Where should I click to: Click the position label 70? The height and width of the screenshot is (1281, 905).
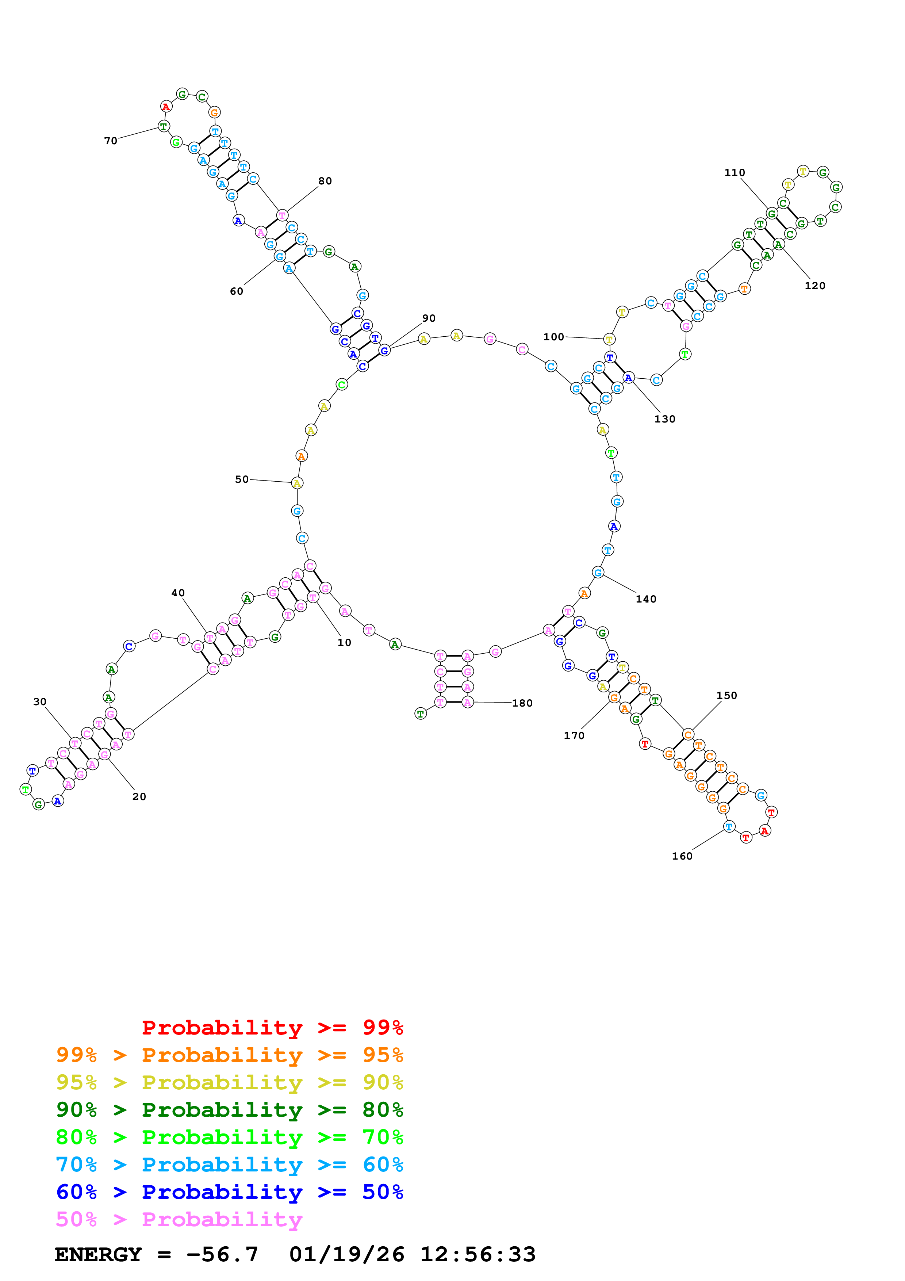[x=110, y=141]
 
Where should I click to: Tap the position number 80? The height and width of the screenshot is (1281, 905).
[x=325, y=181]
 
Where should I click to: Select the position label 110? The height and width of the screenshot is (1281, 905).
[x=735, y=172]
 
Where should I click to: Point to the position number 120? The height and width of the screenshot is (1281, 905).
[x=815, y=286]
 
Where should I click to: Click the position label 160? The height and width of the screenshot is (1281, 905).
[x=682, y=856]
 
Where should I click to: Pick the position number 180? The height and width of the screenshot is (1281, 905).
[x=522, y=703]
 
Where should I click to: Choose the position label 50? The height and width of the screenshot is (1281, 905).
[x=241, y=479]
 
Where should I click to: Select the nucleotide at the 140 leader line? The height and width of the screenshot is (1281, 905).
[x=598, y=573]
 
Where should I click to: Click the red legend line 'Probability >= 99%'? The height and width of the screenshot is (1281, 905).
[x=272, y=1027]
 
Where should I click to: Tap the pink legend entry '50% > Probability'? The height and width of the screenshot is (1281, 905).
[x=179, y=1219]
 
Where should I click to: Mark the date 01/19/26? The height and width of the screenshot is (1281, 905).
[x=346, y=1254]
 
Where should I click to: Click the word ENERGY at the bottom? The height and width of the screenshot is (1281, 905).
[x=98, y=1254]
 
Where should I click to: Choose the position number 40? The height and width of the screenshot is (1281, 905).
[x=178, y=593]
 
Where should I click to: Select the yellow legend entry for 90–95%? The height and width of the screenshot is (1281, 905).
[x=229, y=1082]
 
